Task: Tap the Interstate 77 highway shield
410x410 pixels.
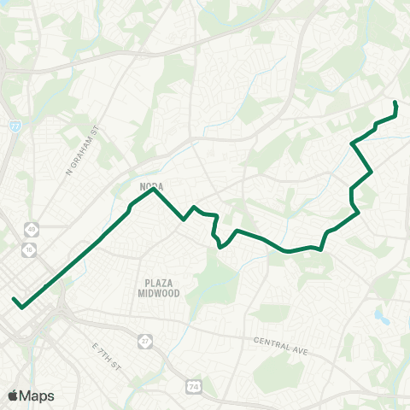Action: [x=15, y=126]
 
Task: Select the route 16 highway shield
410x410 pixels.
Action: [x=31, y=249]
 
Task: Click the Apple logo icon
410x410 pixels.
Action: [x=13, y=395]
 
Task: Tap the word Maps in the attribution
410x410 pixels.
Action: [x=38, y=395]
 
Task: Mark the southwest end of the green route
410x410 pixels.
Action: [x=14, y=300]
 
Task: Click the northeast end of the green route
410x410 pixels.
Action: [x=395, y=102]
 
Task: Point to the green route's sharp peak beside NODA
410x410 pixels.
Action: [x=153, y=190]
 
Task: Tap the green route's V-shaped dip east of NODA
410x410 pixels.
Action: [x=184, y=220]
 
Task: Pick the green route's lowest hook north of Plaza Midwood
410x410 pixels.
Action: [x=220, y=248]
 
